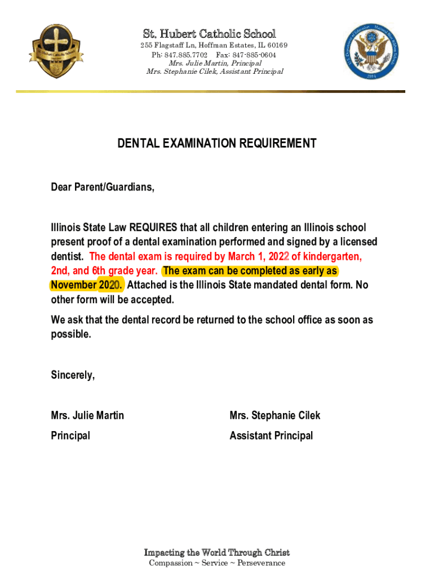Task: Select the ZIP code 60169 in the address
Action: coord(276,46)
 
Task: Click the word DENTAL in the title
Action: coord(139,144)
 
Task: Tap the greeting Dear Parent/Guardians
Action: coord(102,188)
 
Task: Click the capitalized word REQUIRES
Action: coord(153,228)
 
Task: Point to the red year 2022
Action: coord(273,256)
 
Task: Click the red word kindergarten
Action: coord(330,256)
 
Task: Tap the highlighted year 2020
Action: coord(110,285)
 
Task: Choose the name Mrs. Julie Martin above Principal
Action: coord(87,416)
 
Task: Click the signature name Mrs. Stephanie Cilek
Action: coord(274,416)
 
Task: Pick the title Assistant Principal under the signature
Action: coord(271,436)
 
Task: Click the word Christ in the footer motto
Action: coord(276,552)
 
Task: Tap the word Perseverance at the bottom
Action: coord(260,563)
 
